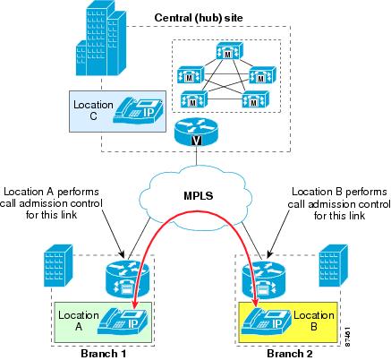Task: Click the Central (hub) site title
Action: (x=199, y=18)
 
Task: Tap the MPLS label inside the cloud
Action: (x=199, y=195)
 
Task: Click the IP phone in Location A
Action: (x=123, y=321)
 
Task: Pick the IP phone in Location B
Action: (x=266, y=321)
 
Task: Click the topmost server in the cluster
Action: (x=229, y=50)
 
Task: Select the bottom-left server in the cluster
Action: (x=193, y=99)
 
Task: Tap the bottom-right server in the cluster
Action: (x=255, y=99)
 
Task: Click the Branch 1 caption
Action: (x=103, y=354)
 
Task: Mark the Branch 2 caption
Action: (x=290, y=354)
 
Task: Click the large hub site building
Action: (x=101, y=38)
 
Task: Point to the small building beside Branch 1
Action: (x=58, y=265)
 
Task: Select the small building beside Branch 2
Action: (x=333, y=265)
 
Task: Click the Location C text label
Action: (x=93, y=110)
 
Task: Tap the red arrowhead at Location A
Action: (x=135, y=304)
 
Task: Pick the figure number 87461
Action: (x=347, y=337)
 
